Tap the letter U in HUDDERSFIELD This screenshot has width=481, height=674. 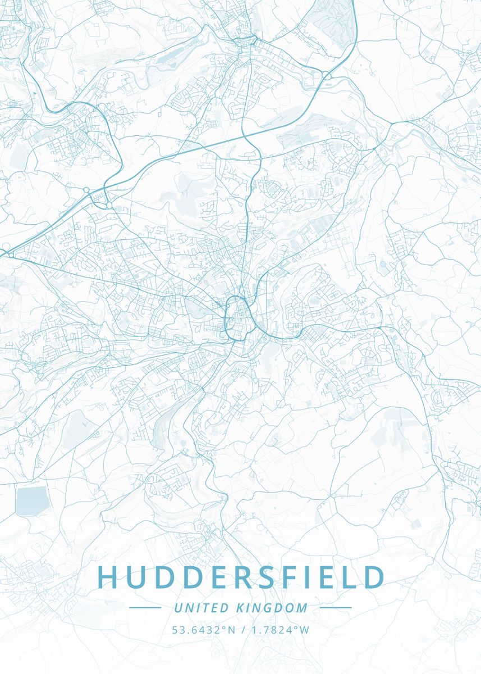(137, 577)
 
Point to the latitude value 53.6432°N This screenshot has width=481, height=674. (204, 630)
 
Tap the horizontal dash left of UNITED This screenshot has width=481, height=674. (145, 608)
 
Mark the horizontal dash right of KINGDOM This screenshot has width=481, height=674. (336, 608)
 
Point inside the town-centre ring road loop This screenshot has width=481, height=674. (238, 318)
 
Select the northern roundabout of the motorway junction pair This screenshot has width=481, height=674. (86, 191)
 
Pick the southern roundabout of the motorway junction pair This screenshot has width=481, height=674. (106, 205)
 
